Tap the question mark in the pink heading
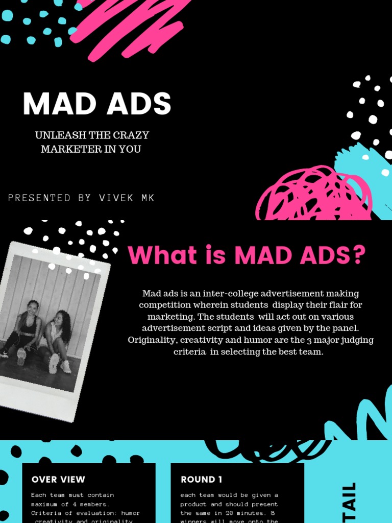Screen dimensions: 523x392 pos(359,255)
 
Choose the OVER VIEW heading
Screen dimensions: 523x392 pos(58,480)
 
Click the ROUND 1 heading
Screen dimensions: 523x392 pos(202,480)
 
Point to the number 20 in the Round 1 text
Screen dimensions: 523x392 pos(233,513)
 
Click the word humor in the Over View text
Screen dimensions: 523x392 pos(130,513)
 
